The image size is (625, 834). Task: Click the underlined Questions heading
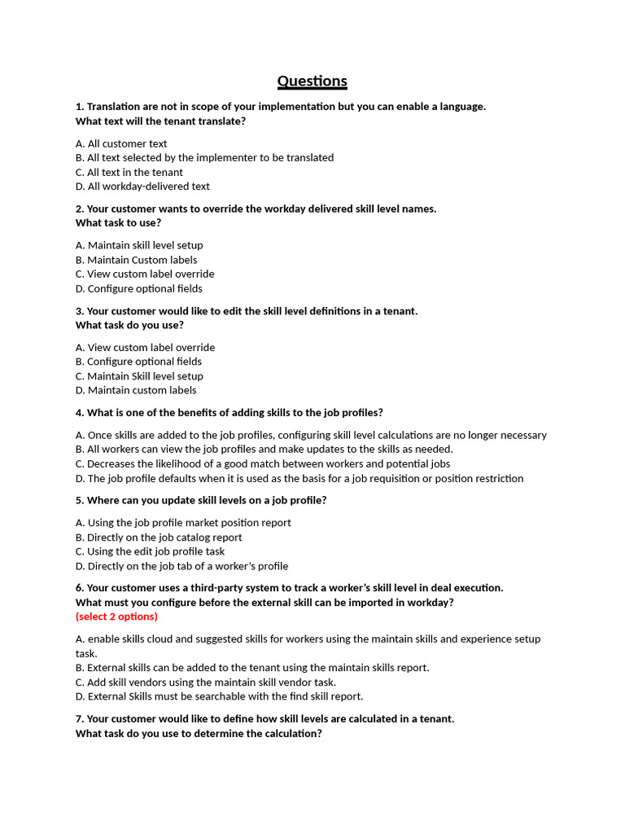click(x=312, y=81)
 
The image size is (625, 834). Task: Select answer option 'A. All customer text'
click(x=121, y=143)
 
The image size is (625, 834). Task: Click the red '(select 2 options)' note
click(x=116, y=617)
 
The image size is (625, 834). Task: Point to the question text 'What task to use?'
click(x=118, y=222)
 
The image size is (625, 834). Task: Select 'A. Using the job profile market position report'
click(x=183, y=523)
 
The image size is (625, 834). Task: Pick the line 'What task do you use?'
click(x=129, y=325)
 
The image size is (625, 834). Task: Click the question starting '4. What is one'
click(x=229, y=412)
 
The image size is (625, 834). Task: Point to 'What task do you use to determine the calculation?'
click(x=199, y=733)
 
